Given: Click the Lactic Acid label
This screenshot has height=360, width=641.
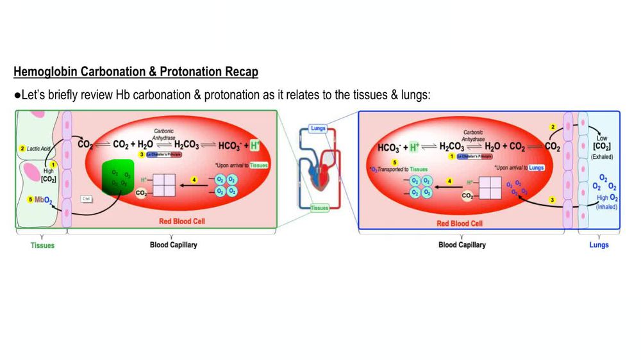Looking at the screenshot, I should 38,149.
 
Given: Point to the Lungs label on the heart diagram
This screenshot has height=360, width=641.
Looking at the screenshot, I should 318,128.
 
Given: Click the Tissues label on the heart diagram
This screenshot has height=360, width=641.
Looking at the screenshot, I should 319,208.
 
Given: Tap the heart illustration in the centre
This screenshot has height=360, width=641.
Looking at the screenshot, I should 319,170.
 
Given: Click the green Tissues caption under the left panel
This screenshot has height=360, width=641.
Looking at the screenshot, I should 42,245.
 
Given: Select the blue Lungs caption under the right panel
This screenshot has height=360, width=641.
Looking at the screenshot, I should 599,245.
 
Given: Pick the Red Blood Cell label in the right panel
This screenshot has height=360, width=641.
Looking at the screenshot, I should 460,224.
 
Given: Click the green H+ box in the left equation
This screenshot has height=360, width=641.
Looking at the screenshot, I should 256,145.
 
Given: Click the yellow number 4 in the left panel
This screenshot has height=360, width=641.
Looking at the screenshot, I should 194,181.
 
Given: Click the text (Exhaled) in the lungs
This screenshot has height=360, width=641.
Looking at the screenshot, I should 603,157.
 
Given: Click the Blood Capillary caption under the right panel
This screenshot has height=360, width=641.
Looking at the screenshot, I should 462,245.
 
